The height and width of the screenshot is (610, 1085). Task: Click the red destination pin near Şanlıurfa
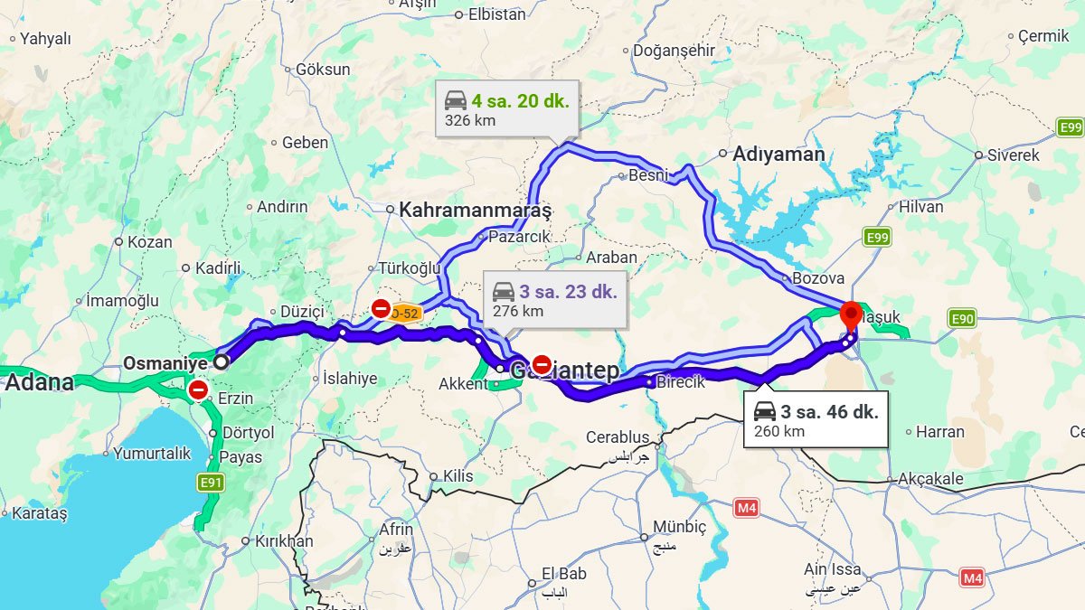[851, 317]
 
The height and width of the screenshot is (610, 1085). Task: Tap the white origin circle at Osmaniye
[221, 361]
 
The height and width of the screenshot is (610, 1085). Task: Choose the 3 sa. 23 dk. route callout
[554, 300]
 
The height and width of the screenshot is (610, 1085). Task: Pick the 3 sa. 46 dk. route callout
[816, 420]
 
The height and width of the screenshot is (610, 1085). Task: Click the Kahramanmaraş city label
[475, 210]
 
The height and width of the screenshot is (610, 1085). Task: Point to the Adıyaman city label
[778, 154]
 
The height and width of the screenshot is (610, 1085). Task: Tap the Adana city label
[39, 382]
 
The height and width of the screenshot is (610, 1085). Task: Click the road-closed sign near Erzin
[198, 390]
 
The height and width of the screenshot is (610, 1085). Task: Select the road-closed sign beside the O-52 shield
[382, 309]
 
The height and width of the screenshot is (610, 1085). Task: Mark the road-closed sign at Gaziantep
[542, 364]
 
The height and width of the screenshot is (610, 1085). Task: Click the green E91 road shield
[211, 483]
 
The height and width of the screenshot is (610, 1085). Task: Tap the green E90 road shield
[962, 318]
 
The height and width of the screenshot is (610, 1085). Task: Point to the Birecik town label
[680, 382]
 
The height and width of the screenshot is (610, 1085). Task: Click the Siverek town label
[1013, 155]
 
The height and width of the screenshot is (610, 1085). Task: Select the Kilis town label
[458, 476]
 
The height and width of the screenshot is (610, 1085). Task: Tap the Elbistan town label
[496, 14]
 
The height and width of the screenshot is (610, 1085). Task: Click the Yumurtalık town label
[151, 454]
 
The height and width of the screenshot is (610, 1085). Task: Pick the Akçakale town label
[930, 479]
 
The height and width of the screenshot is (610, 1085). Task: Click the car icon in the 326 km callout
[456, 100]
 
